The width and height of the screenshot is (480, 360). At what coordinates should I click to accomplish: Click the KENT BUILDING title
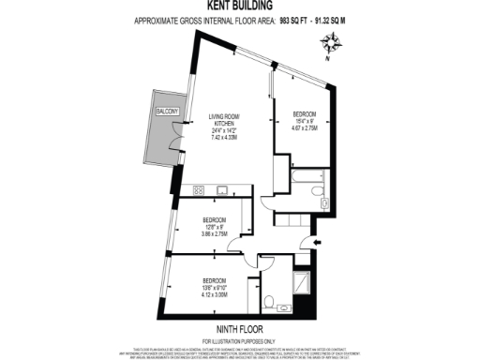pyautogui.click(x=240, y=7)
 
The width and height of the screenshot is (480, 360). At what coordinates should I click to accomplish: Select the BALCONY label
pyautogui.click(x=156, y=113)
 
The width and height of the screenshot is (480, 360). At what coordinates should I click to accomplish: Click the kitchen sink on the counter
pyautogui.click(x=221, y=190)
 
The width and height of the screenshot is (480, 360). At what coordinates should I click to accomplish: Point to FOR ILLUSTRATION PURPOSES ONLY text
pyautogui.click(x=240, y=340)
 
